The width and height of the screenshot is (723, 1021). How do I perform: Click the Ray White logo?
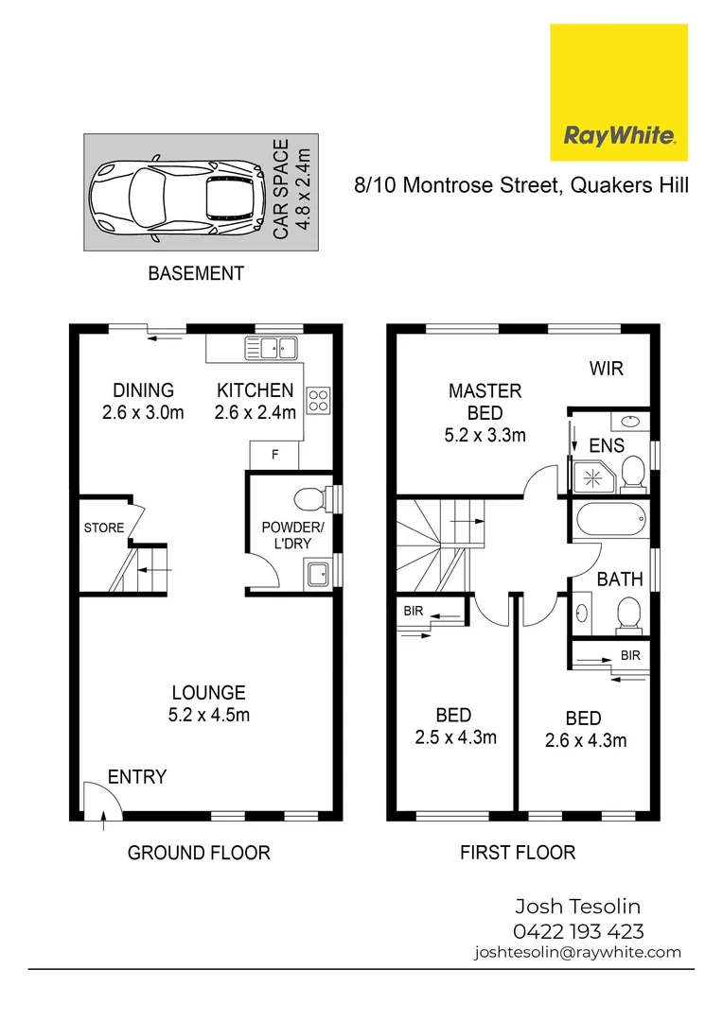619,92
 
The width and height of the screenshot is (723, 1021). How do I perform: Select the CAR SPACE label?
292,190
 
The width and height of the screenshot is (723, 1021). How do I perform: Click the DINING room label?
143,390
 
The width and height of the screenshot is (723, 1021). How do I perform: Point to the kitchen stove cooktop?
317,401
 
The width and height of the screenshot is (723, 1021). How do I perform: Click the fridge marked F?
275,455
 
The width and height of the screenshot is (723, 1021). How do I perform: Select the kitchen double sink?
271,347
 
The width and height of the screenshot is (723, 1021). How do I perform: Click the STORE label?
103,528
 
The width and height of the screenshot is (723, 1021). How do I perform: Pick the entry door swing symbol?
97,799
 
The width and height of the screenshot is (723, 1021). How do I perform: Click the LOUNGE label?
208,693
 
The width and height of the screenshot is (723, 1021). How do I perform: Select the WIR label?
607,369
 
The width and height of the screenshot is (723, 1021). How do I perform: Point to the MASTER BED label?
485,402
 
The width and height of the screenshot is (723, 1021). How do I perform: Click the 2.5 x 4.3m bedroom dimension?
454,737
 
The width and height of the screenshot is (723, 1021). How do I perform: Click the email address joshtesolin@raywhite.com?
577,953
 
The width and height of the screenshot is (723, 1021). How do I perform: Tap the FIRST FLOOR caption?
518,853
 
